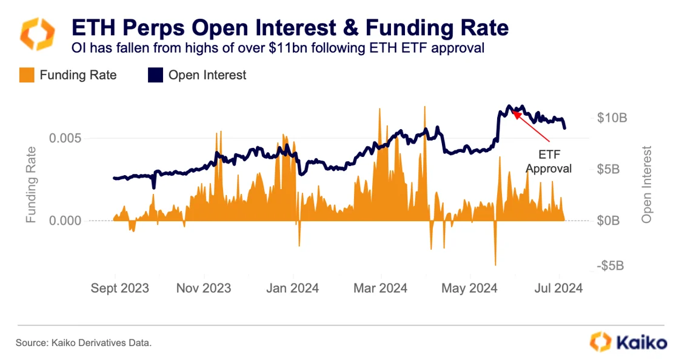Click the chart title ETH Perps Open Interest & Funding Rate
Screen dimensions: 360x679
pos(290,28)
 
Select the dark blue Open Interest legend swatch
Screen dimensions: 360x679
pos(155,75)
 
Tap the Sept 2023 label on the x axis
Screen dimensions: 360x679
pos(119,288)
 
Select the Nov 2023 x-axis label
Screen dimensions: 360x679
pos(204,288)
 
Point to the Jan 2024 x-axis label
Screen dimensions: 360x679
pos(293,288)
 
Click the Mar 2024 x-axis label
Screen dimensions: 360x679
pos(380,288)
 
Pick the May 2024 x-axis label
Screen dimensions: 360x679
pos(470,288)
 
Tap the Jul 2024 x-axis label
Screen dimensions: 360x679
pos(559,288)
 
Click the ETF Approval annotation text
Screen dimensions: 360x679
pos(548,161)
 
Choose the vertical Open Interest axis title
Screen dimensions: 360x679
pos(647,184)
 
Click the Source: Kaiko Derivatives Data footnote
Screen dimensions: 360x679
pos(83,343)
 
